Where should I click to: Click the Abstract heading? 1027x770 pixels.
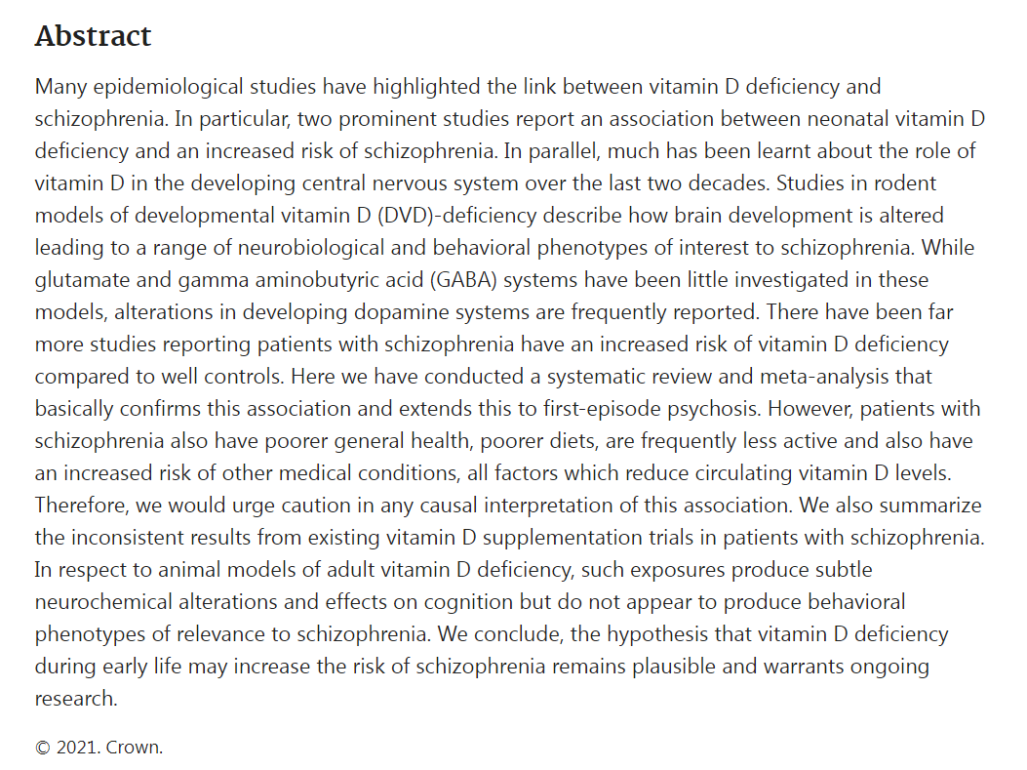[x=93, y=36]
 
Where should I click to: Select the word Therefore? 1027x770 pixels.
[x=80, y=505]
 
